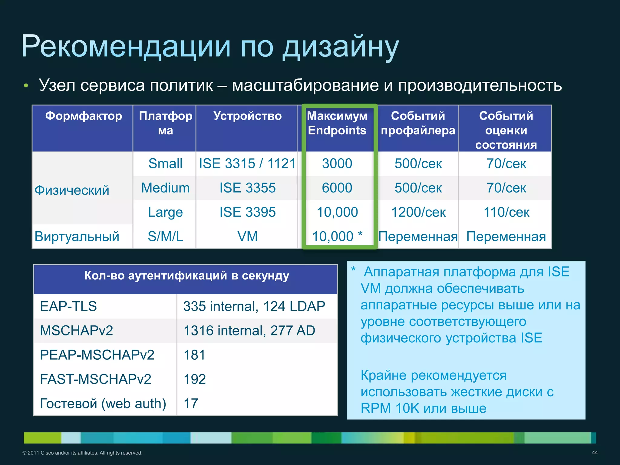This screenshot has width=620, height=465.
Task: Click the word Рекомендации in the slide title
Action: tap(126, 46)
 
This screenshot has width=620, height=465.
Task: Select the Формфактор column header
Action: tap(84, 116)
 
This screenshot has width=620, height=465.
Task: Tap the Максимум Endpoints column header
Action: tap(337, 123)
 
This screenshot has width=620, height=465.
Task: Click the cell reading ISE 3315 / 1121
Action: tap(247, 163)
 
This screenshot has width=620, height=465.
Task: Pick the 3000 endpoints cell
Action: tap(337, 163)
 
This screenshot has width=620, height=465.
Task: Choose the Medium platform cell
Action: tap(165, 188)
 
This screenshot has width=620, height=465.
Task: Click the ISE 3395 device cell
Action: tap(247, 212)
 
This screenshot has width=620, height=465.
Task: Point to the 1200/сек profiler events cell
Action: tap(418, 212)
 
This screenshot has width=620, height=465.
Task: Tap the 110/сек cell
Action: tap(506, 212)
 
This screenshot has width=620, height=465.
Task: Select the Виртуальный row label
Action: tap(77, 236)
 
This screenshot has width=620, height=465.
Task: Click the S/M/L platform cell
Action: tap(165, 236)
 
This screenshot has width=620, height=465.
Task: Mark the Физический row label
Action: tap(72, 190)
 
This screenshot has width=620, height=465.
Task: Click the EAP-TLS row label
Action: tap(68, 306)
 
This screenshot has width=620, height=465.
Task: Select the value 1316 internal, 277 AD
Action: tap(249, 330)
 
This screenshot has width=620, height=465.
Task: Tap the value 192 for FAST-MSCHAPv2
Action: tap(195, 379)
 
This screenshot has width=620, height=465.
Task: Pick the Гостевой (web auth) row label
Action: tap(103, 403)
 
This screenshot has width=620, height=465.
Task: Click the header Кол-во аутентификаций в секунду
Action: tap(186, 275)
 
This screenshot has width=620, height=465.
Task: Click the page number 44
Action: tap(595, 453)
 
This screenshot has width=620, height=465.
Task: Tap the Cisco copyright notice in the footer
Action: tap(82, 453)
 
